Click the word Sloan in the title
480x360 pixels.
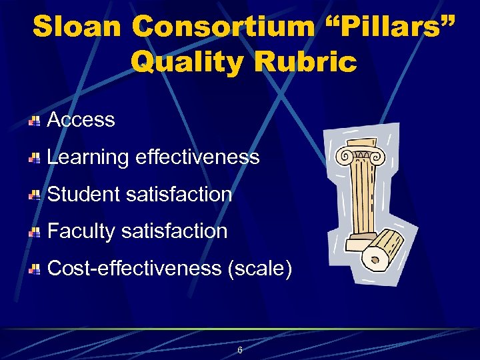[77, 27]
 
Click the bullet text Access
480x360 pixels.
[81, 120]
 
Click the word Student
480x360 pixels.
[83, 195]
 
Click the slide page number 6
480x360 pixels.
[239, 350]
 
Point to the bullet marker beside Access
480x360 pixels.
[35, 121]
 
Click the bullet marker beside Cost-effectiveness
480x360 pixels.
[35, 269]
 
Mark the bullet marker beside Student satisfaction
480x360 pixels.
[35, 195]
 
